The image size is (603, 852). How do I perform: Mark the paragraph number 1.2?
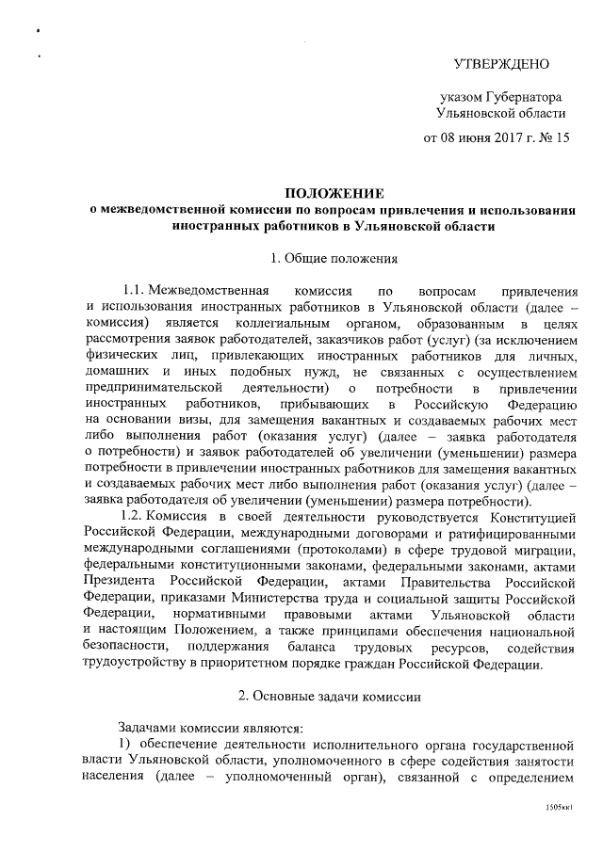(131, 517)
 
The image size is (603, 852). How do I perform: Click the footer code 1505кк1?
(561, 809)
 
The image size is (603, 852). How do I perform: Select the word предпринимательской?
(152, 388)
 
